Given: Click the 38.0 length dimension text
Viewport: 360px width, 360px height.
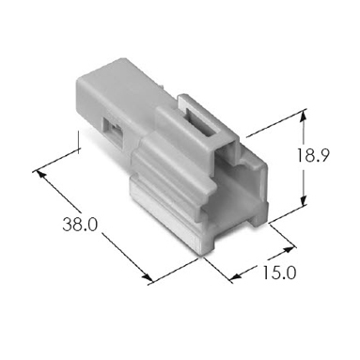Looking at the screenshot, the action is pos(80,225).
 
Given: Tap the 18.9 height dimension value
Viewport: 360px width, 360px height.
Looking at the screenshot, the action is pos(313,155).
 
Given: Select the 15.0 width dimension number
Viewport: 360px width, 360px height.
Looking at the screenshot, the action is pos(279,273).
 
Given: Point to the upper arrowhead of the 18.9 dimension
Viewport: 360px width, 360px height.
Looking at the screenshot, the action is pos(303,117).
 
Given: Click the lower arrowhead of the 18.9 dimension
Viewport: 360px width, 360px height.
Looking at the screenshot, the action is pos(303,200).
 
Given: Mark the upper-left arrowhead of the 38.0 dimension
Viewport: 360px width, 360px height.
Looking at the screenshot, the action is pos(41,174).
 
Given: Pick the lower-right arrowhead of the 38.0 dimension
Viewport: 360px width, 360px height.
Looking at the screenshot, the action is pos(148,277).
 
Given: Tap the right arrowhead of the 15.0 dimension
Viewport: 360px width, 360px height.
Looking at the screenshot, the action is pos(290,249).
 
